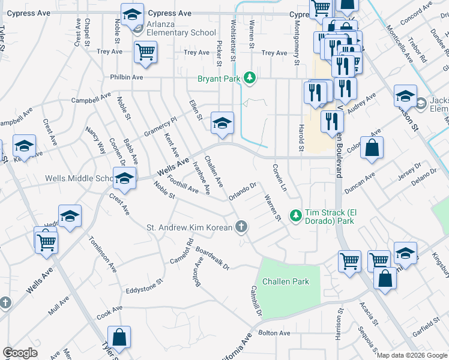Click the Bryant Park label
tap(218, 79)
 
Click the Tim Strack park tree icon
tap(295, 214)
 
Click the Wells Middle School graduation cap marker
tap(124, 178)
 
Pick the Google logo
tap(20, 352)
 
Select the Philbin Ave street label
tap(126, 77)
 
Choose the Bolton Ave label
tap(274, 333)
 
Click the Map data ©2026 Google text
tap(412, 355)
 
